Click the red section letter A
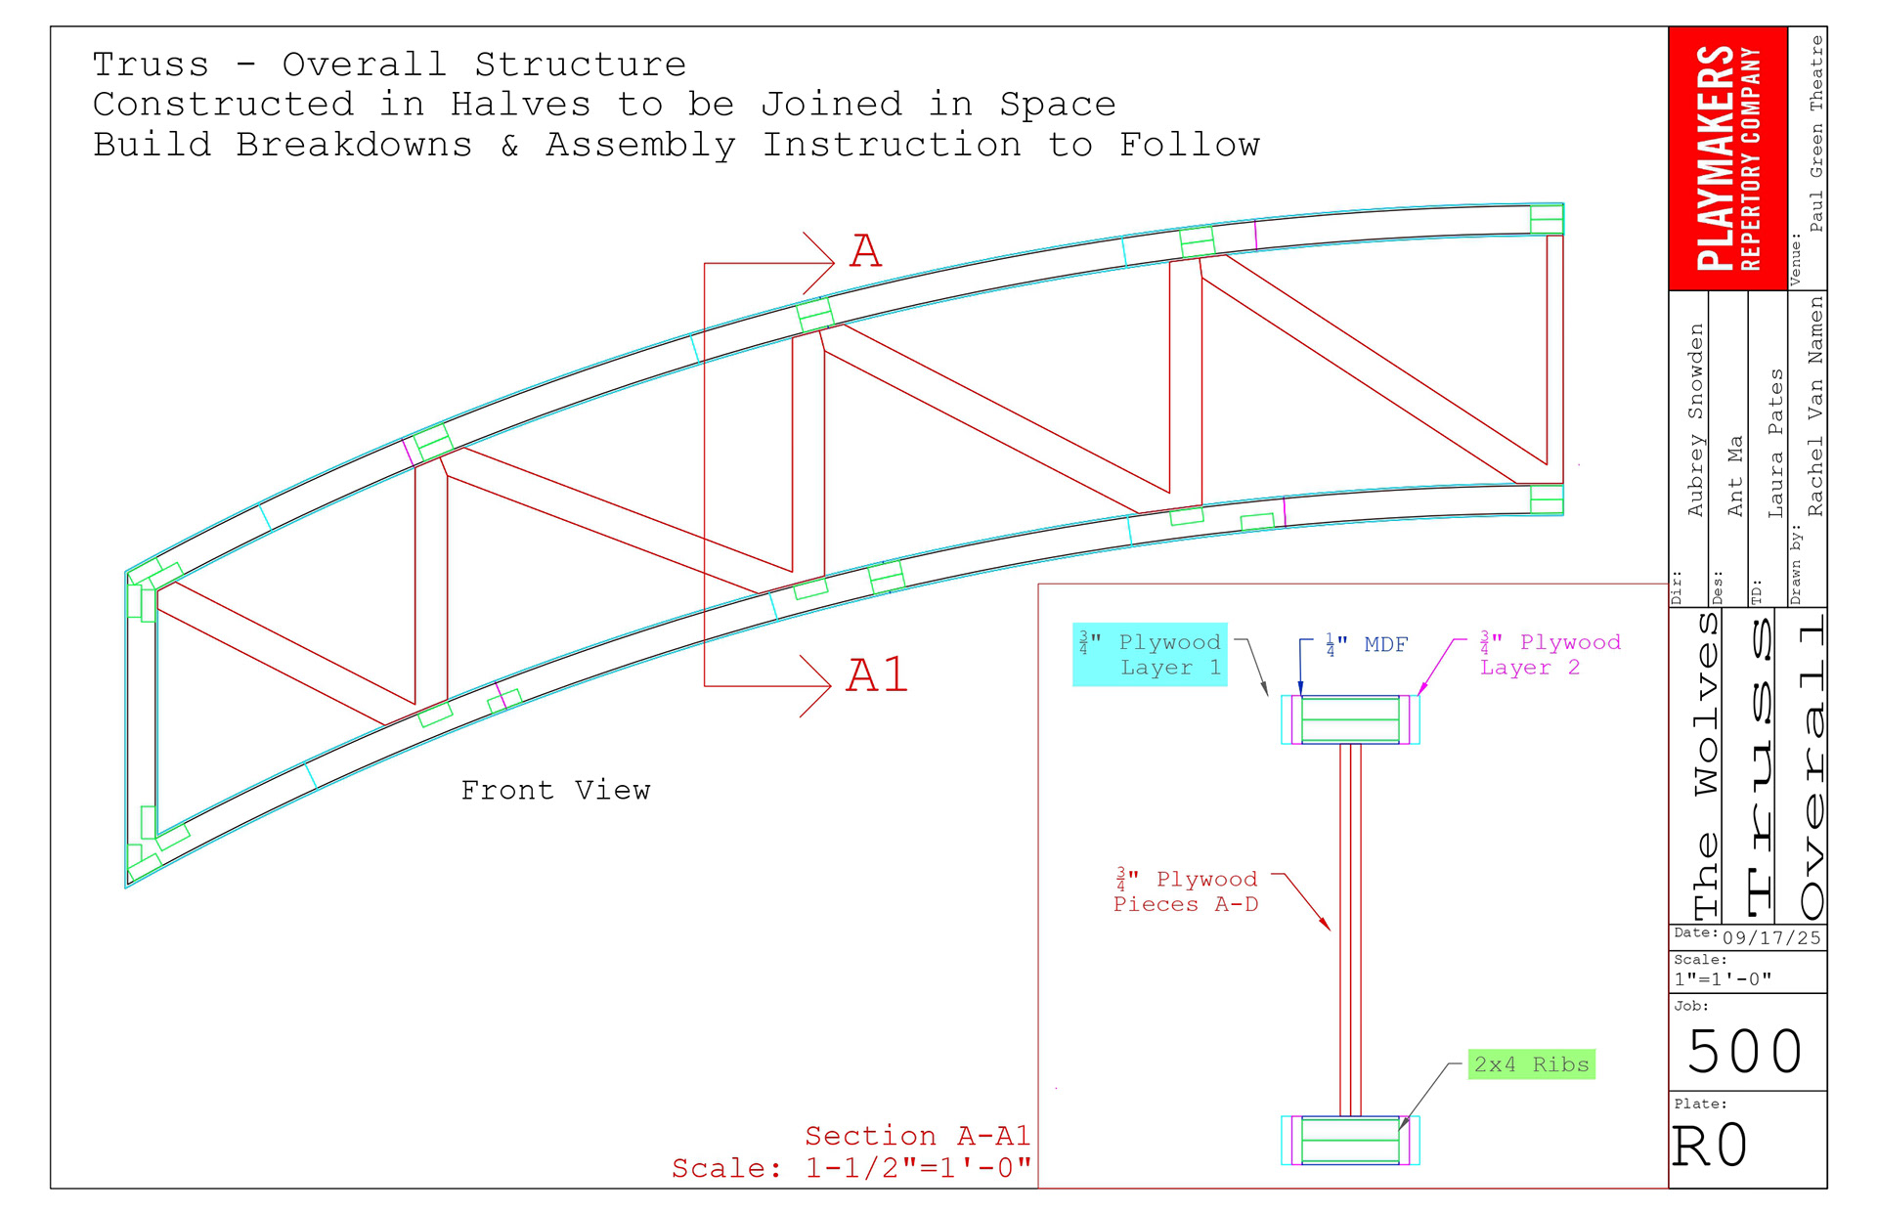pos(865,251)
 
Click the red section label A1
pos(877,675)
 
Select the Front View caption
pos(555,790)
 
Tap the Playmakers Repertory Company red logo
pos(1727,158)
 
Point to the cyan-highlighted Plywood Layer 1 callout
pos(1150,655)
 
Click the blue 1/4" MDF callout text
pos(1367,645)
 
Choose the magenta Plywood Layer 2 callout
pos(1550,655)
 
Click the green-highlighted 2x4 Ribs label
pos(1531,1064)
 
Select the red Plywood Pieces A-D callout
pos(1187,891)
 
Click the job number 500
pos(1745,1052)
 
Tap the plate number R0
pos(1710,1146)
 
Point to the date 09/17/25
pos(1771,938)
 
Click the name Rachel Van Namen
pos(1815,407)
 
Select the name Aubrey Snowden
pos(1695,420)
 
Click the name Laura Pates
pos(1775,443)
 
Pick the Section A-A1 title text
pos(917,1136)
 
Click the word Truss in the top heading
pos(151,65)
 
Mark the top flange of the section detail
pos(1350,720)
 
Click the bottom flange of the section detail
pos(1350,1141)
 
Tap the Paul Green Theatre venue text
pos(1815,134)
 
